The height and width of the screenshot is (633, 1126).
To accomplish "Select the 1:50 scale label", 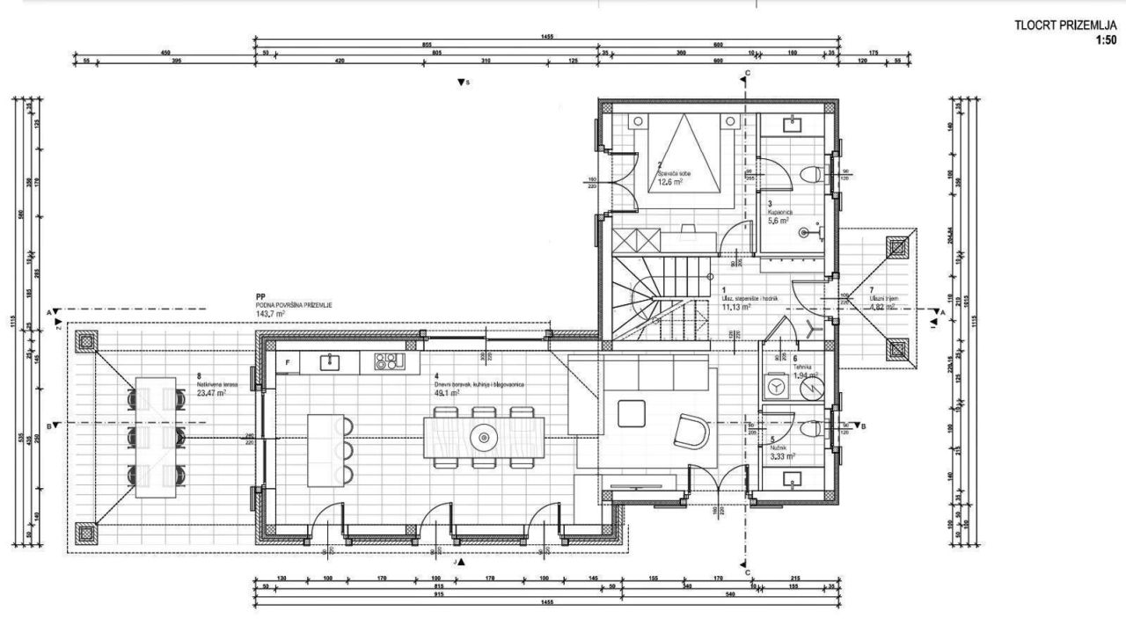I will tap(1106, 40).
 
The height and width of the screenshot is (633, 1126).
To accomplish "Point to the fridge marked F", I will tap(287, 361).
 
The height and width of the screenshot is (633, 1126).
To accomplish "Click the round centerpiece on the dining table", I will tap(483, 435).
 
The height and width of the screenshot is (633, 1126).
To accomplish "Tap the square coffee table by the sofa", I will tap(632, 412).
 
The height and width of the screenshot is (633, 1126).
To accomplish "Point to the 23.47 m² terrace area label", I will tap(211, 394).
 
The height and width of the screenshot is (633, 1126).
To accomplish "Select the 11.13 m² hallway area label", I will tap(735, 308).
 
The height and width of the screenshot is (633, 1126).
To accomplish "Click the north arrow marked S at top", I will tap(462, 83).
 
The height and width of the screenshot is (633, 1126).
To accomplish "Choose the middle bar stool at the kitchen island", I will tap(345, 450).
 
